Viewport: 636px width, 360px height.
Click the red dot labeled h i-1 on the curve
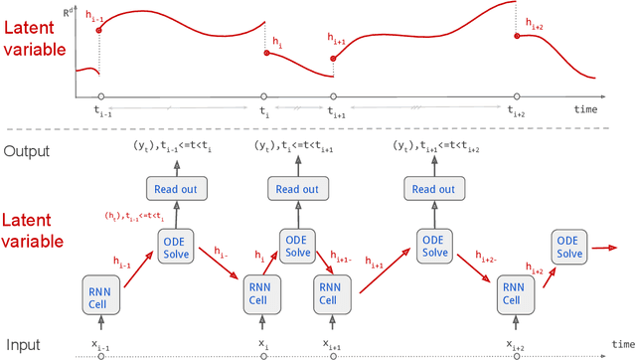99,31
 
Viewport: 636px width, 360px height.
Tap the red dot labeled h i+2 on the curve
516,36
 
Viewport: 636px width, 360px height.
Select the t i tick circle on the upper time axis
264,97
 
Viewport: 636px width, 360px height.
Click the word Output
27,151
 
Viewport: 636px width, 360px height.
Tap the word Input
22,344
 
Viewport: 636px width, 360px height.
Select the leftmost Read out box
176,189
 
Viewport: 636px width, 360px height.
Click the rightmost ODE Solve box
568,249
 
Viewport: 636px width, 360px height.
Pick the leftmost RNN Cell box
99,296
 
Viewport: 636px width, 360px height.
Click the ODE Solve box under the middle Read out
297,249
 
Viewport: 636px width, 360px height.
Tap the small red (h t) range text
130,216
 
